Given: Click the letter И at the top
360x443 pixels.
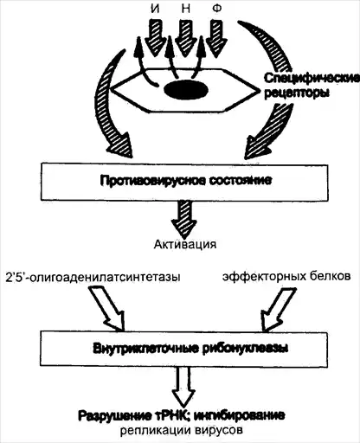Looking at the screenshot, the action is tap(155, 9).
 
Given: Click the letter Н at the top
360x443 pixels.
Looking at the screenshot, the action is tap(186, 9).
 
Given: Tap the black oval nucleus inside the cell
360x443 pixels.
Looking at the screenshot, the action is tap(186, 90).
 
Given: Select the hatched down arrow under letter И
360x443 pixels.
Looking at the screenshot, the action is tap(155, 37).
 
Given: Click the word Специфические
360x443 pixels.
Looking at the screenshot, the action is tap(312, 79).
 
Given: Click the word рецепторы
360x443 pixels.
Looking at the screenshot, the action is tap(297, 93).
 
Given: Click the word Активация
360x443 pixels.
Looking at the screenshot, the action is tap(185, 244).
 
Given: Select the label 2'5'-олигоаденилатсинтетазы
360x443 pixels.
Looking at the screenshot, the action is tap(93, 277).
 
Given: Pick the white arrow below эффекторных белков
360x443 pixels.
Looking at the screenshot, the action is tap(278, 310).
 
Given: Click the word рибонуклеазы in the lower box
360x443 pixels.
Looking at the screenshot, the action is tap(245, 349).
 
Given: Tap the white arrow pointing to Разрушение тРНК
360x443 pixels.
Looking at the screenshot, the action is tap(183, 387).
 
